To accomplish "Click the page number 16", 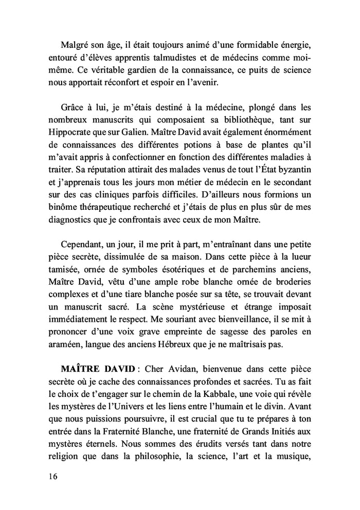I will point(50,476).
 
